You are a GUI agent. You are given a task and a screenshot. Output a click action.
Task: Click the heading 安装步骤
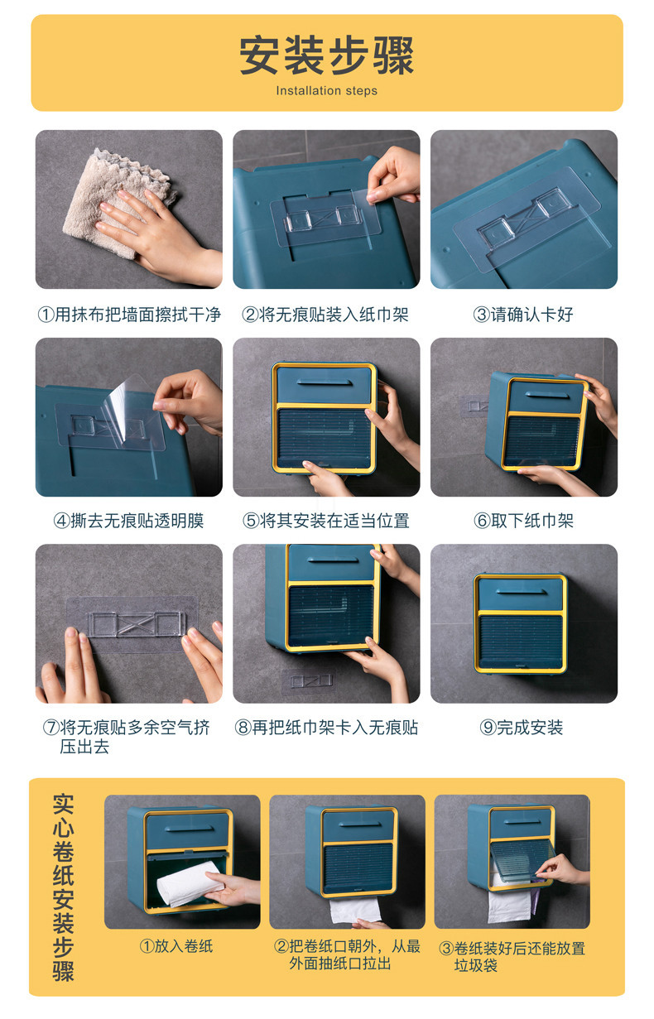326,56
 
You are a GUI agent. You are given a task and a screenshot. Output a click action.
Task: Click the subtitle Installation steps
326,91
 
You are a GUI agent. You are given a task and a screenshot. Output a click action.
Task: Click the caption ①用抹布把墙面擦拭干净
129,315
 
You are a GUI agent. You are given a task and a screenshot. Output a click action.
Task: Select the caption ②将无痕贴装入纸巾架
325,315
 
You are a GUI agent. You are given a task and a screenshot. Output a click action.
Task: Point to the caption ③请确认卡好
523,315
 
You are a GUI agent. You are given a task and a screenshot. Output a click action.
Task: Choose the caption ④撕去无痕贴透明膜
129,521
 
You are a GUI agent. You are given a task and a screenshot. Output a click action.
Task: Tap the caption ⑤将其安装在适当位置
325,521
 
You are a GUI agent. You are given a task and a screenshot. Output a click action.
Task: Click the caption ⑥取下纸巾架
523,521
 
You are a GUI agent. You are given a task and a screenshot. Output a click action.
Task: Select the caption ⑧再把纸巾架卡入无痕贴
325,728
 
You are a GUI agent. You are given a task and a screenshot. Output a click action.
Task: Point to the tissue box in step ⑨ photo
520,622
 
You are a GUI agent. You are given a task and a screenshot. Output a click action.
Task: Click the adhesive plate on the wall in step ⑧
307,680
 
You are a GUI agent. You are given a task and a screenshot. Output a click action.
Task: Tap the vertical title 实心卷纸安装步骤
64,887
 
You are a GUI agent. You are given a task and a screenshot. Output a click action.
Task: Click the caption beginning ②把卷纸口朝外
348,954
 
